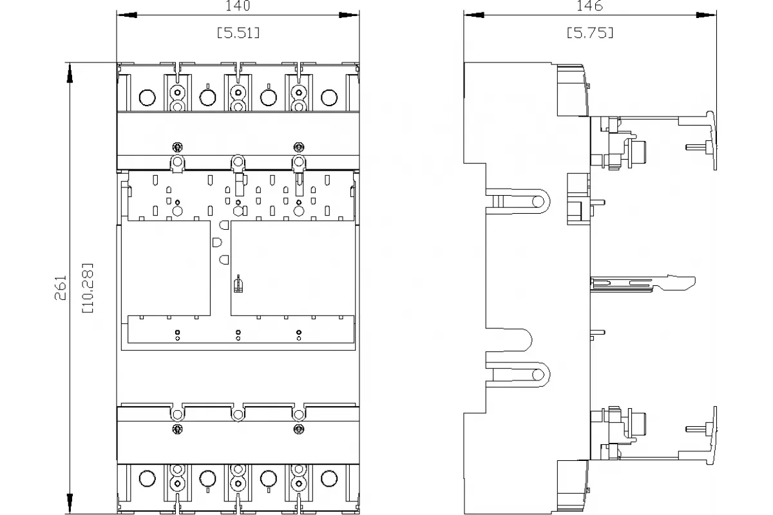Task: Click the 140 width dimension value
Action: (x=238, y=6)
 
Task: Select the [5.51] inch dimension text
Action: (x=238, y=33)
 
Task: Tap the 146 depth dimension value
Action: (x=590, y=6)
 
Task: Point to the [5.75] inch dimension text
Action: (x=590, y=33)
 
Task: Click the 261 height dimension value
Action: (x=61, y=288)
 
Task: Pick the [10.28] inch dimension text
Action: (x=88, y=288)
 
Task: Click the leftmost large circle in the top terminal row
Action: (x=147, y=98)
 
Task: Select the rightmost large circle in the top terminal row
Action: (x=329, y=98)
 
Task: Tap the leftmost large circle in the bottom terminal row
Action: (x=147, y=478)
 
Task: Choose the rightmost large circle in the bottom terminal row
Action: (x=329, y=478)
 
